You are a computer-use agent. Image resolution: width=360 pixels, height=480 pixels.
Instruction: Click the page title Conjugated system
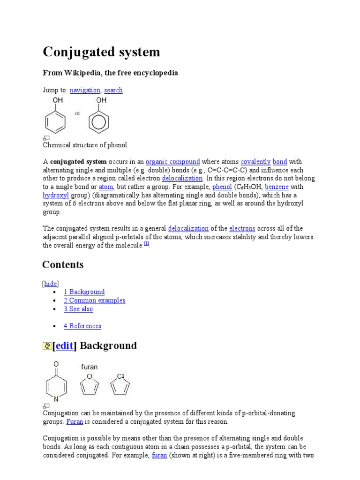tap(101, 52)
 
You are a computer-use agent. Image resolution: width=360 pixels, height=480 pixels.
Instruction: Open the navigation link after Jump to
tap(85, 90)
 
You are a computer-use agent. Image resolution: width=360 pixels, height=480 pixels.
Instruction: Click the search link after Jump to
tap(113, 90)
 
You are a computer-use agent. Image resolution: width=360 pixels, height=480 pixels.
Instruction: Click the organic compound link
tap(173, 162)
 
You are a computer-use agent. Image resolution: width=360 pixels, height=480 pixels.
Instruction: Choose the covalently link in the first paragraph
tap(255, 162)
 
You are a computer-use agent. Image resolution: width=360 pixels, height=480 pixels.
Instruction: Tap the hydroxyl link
tap(56, 195)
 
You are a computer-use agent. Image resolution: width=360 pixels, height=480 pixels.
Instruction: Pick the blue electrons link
tap(242, 228)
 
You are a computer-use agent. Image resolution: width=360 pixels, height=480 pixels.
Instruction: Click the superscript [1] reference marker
tap(147, 244)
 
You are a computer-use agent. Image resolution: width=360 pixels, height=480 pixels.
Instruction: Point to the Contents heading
tap(63, 265)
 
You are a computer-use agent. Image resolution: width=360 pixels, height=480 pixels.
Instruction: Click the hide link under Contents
tap(51, 284)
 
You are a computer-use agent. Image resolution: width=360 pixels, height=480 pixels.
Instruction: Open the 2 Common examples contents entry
tap(95, 300)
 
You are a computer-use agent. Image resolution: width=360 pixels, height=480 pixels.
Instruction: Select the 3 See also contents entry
tap(78, 309)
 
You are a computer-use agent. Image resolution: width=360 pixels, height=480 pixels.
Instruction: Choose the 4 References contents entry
tap(82, 326)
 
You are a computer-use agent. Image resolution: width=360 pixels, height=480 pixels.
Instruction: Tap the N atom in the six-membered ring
tap(56, 399)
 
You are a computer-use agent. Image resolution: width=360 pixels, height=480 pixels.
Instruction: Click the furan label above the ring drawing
tap(89, 367)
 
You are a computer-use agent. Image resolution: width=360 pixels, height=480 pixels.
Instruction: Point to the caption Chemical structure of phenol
tap(85, 145)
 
